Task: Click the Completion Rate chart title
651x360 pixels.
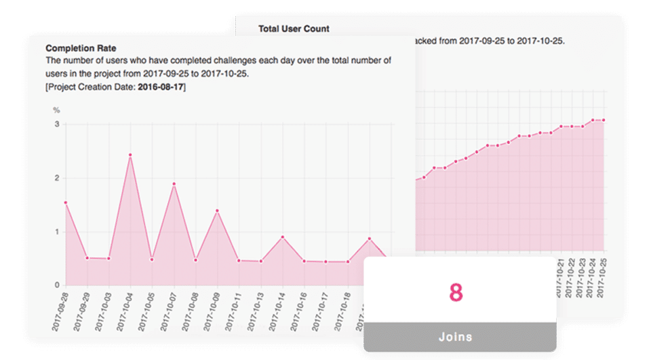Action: (81, 49)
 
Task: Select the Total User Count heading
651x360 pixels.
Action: (294, 29)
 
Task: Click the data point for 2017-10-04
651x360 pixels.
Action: (130, 155)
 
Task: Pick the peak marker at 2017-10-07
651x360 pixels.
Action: (174, 184)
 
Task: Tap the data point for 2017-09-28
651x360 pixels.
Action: (65, 203)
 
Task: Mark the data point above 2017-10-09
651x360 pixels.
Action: (217, 211)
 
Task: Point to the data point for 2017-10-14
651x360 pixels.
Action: (282, 237)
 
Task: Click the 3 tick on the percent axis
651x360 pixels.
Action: (57, 125)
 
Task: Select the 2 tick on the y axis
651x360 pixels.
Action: (57, 178)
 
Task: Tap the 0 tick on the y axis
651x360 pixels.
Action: (57, 285)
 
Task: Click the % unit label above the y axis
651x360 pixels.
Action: (57, 110)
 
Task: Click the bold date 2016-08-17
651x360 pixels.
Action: (161, 87)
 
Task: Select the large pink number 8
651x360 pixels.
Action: (456, 292)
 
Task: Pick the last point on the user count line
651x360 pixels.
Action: (604, 120)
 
